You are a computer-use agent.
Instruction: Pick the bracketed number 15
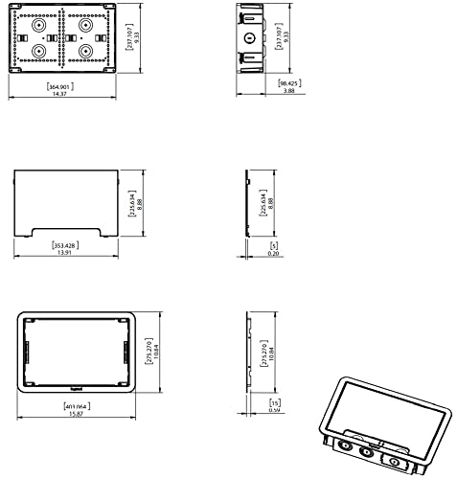tap(275, 403)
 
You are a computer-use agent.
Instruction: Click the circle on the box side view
tap(249, 39)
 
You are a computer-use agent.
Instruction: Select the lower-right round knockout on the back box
tap(85, 52)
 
